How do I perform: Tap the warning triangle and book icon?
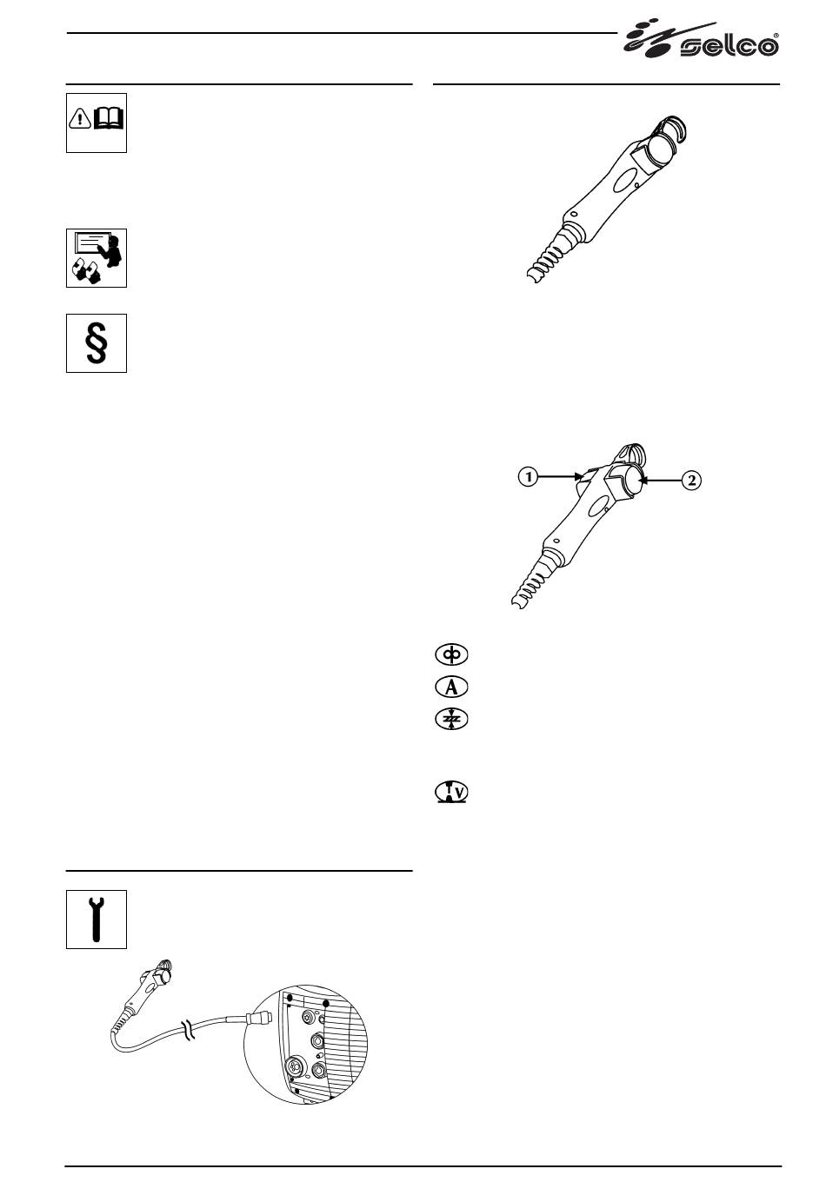point(96,123)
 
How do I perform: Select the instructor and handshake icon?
point(96,258)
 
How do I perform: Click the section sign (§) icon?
point(96,343)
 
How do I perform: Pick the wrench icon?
point(96,920)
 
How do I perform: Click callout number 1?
point(528,477)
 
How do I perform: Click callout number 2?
point(691,480)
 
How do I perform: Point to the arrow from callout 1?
point(560,477)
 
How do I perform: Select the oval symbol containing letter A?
point(451,687)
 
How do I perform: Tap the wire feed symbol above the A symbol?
point(451,654)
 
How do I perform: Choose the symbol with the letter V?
point(451,792)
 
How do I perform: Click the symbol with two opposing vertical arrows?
point(451,720)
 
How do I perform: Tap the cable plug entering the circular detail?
point(258,1016)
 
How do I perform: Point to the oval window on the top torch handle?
point(623,182)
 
